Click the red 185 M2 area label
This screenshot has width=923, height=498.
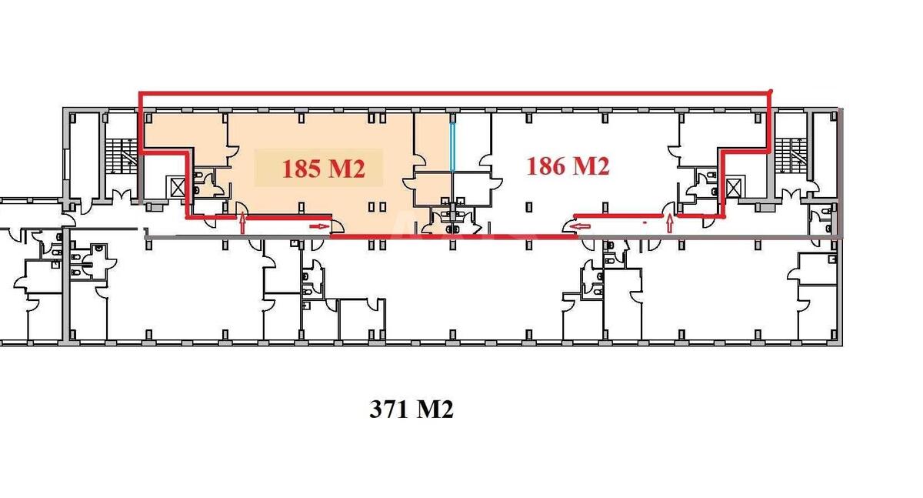point(322,169)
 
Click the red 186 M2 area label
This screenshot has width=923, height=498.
point(568,165)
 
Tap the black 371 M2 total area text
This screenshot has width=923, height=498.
point(412,410)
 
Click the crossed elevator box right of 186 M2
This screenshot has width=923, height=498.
point(734,186)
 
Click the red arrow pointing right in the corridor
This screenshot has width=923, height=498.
point(319,226)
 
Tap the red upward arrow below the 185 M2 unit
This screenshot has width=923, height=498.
point(244,224)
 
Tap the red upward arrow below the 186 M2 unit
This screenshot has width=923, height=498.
point(670,224)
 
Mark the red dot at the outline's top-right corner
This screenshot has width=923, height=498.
point(771,93)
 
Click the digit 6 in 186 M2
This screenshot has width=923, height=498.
point(558,165)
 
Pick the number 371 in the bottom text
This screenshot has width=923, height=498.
point(388,410)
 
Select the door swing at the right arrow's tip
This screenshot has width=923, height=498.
point(337,226)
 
